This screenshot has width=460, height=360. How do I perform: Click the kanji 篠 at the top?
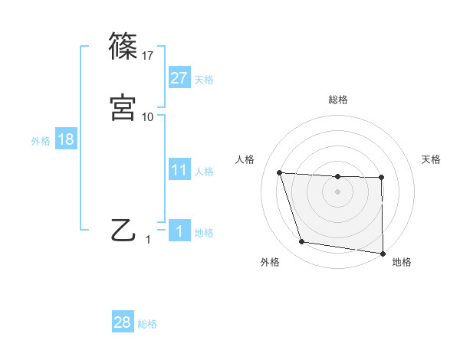123,45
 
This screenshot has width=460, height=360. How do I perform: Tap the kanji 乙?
123,229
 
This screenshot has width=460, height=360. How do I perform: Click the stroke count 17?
148,55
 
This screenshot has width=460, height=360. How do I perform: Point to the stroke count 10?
148,116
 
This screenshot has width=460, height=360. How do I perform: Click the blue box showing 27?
179,78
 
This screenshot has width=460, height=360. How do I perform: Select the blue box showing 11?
179,170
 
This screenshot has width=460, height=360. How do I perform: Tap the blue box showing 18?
65,139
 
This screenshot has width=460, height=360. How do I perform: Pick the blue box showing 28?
123,322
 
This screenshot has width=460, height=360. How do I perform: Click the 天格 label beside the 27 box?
205,80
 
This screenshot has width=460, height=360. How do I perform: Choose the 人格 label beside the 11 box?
205,172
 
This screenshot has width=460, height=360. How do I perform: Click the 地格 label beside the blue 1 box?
205,233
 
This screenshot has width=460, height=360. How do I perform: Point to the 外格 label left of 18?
40,141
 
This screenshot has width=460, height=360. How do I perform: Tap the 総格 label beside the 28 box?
148,324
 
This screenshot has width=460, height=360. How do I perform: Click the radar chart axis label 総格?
338,100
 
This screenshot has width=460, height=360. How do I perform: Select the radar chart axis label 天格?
432,159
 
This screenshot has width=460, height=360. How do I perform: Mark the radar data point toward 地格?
383,254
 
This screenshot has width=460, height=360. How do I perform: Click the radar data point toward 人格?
280,173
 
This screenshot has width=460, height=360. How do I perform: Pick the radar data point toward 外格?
302,242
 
